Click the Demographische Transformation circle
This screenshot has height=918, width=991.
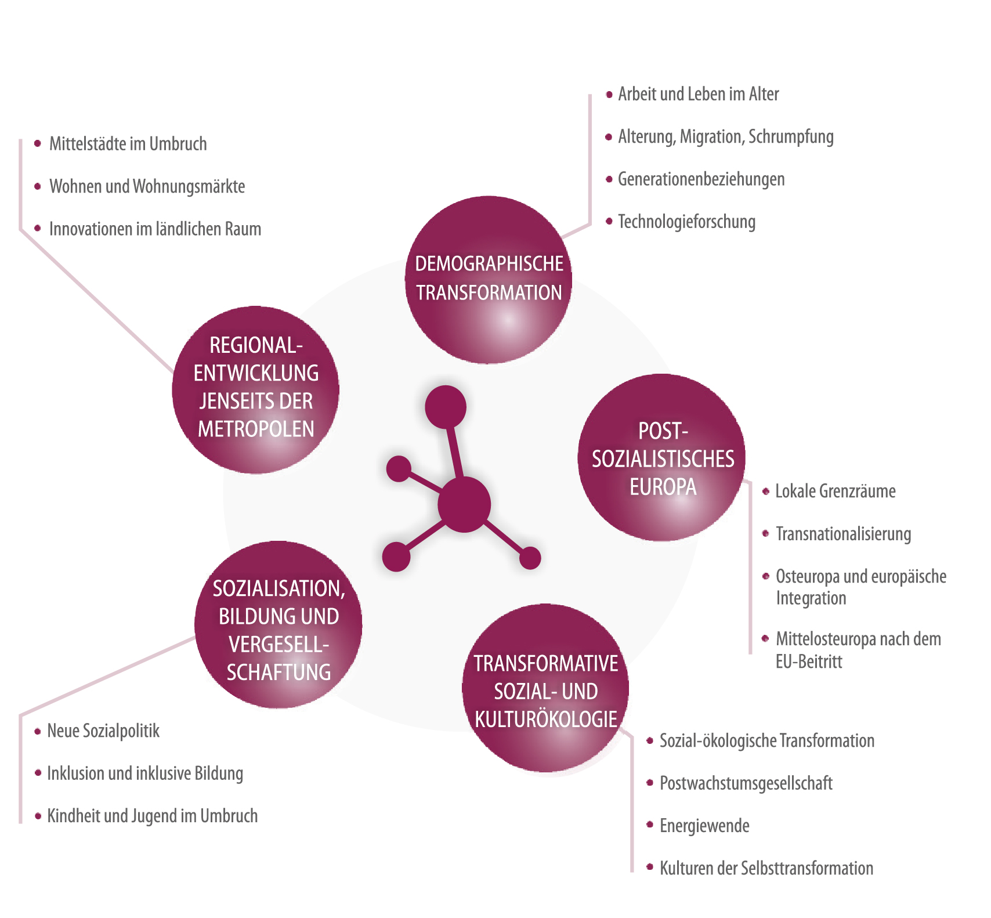[x=489, y=280]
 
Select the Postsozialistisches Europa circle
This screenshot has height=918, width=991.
[x=662, y=458]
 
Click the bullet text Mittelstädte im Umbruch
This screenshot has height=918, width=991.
[x=128, y=144]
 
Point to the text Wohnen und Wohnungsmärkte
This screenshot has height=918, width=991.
[x=147, y=186]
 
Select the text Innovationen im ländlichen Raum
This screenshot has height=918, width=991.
[x=155, y=229]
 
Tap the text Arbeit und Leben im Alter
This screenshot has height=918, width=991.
[x=698, y=94]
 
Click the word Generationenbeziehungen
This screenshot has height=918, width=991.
[x=701, y=179]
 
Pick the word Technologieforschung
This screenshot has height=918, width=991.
[x=686, y=222]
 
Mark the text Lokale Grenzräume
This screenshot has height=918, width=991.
[x=835, y=491]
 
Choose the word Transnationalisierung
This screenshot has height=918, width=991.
[x=843, y=534]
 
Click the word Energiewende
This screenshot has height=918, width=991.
[x=704, y=826]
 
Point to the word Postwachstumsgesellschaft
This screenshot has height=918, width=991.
[x=746, y=783]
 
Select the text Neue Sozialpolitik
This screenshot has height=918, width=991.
[x=103, y=731]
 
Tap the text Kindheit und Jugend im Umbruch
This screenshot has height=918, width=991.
[x=152, y=816]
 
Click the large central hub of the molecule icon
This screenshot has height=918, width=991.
[x=464, y=505]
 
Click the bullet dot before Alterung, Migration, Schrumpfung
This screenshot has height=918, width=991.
[x=609, y=137]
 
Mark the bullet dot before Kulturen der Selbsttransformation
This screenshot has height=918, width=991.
[x=650, y=868]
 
